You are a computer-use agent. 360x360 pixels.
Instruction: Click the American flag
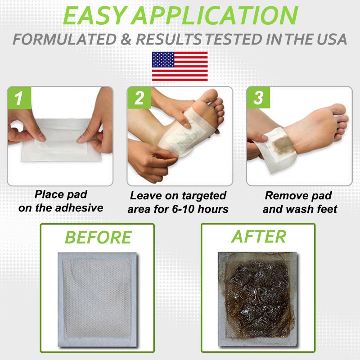pyautogui.click(x=180, y=66)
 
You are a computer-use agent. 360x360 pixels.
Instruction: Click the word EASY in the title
pyautogui.click(x=97, y=16)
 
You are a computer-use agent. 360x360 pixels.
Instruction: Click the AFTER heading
pyautogui.click(x=258, y=236)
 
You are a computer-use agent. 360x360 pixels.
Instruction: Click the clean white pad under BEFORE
pyautogui.click(x=96, y=297)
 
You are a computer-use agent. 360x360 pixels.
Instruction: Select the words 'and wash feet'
pyautogui.click(x=300, y=209)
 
